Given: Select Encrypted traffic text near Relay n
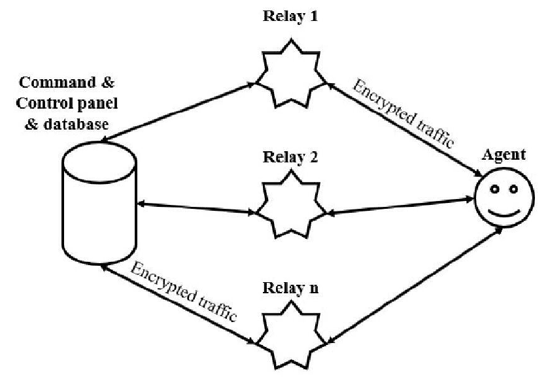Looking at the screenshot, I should pos(184,291).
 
